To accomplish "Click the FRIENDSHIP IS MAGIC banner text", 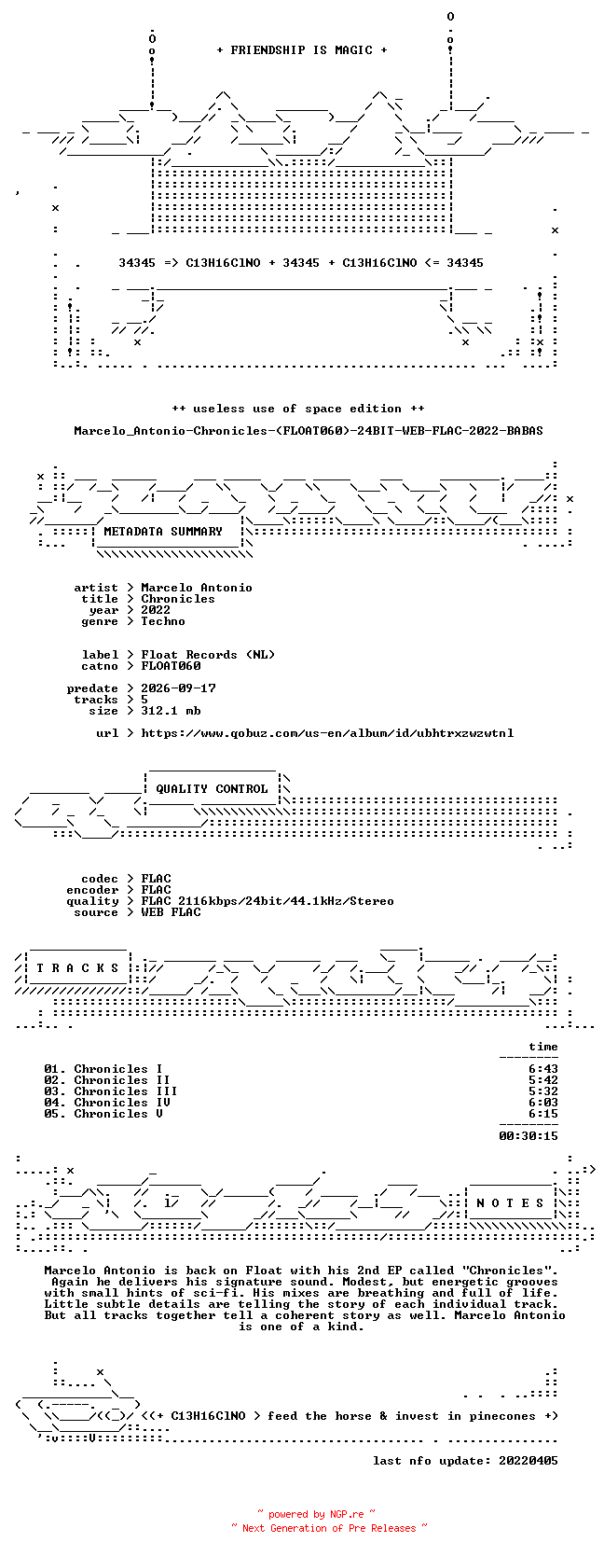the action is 302,50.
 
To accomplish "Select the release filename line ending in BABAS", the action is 309,431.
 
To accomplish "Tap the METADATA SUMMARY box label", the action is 163,532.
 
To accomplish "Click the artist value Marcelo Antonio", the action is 197,588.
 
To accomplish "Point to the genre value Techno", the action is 163,621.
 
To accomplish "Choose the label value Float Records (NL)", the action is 208,654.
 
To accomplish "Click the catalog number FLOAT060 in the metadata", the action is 171,665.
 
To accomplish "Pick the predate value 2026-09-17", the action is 178,688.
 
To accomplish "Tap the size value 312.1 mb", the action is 171,711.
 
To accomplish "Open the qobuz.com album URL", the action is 328,733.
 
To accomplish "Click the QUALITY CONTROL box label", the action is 212,789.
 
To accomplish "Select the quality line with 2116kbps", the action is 268,901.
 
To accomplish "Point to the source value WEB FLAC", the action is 171,912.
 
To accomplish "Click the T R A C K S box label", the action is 77,968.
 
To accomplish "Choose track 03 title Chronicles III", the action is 126,1091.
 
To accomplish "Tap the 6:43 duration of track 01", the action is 542,1069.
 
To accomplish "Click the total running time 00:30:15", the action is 528,1136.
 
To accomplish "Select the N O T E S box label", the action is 510,1203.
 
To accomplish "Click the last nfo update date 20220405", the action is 528,1461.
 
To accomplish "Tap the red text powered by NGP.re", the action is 316,1514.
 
